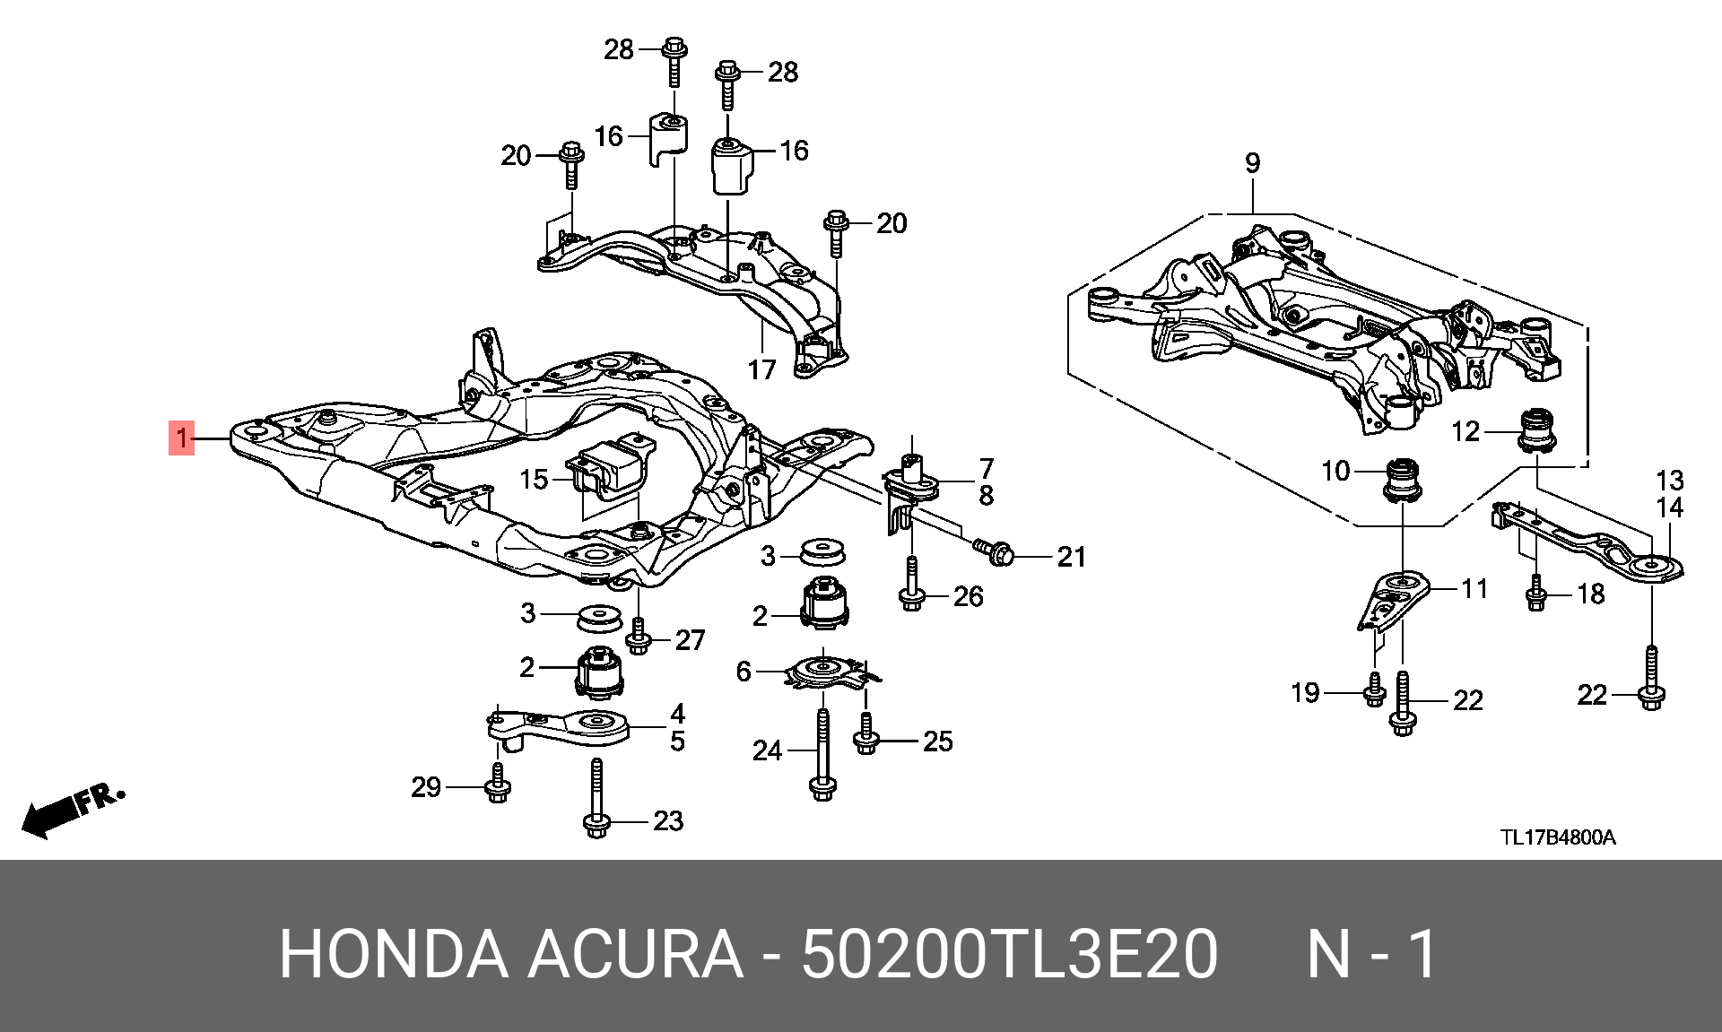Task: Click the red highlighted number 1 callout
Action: (x=181, y=438)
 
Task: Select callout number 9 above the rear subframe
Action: (x=1252, y=163)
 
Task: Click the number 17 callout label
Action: (x=761, y=369)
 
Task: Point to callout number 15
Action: (x=534, y=480)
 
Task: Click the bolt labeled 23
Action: (x=596, y=798)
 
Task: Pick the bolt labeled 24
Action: (x=822, y=754)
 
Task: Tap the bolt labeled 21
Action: (x=994, y=551)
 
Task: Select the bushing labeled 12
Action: (x=1537, y=429)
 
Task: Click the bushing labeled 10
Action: (x=1403, y=481)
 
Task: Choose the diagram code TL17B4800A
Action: (x=1559, y=837)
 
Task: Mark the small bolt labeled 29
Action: (x=498, y=783)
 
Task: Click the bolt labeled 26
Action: (x=911, y=584)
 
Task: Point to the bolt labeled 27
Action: (x=638, y=636)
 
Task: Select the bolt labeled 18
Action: (x=1536, y=593)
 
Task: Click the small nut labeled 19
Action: (x=1374, y=689)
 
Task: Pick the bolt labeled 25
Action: (x=865, y=733)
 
